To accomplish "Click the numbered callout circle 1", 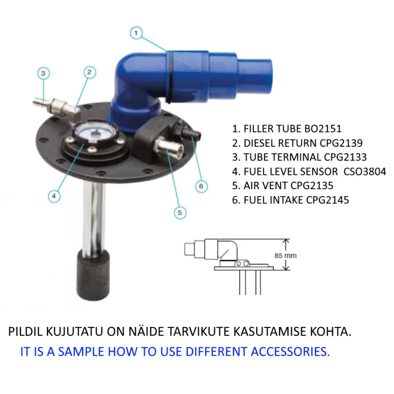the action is [136, 33].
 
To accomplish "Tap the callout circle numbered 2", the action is [90, 72].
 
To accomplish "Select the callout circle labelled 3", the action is [43, 73].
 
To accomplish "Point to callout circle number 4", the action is [54, 196].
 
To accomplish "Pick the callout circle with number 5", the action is [180, 213].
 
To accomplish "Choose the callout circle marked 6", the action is [201, 186].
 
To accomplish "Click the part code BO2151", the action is [323, 129].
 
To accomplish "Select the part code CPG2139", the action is [341, 143].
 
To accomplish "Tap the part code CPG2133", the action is [345, 157].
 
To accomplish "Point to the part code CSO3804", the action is [364, 171].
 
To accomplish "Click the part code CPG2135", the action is [312, 186].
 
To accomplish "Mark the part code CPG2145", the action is [328, 200].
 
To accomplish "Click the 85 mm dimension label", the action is [286, 256].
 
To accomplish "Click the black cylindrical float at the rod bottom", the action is [93, 276].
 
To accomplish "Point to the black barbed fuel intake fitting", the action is [189, 131].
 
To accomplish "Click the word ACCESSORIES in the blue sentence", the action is [290, 351].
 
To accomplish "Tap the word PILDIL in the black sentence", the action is [26, 331].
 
